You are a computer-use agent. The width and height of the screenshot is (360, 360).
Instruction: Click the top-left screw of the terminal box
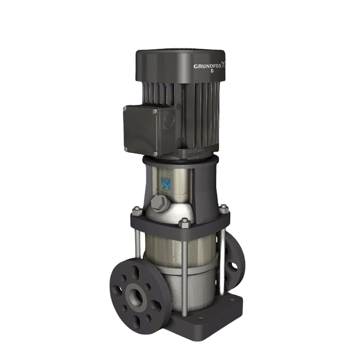coord(125,108)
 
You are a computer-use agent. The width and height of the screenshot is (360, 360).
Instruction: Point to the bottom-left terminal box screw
coord(126,150)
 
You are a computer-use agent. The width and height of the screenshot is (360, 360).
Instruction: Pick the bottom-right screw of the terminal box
coord(156,153)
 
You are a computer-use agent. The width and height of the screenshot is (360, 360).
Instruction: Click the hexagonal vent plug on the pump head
coord(158,204)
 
